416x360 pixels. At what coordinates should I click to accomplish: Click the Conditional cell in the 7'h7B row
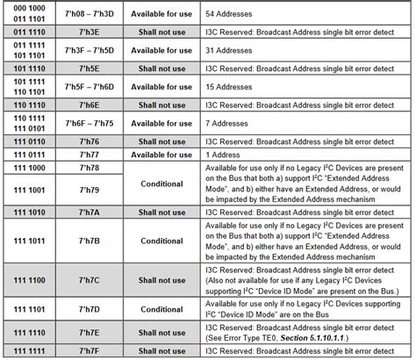pos(161,240)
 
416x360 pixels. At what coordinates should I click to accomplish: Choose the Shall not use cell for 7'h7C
pos(161,280)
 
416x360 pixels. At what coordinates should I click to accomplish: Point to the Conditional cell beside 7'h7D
pos(161,309)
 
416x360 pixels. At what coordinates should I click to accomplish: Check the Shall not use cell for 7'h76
pos(161,140)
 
